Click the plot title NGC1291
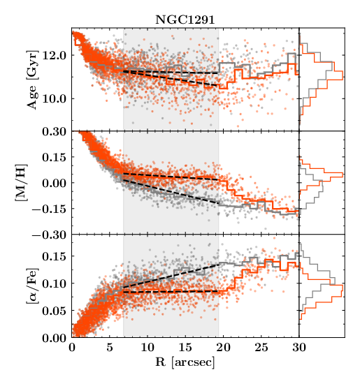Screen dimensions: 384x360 click(185, 21)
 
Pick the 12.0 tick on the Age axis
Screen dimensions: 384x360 click(55, 54)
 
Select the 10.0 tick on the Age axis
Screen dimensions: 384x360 click(55, 98)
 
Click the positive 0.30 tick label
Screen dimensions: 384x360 click(55, 131)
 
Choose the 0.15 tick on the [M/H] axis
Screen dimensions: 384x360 click(55, 157)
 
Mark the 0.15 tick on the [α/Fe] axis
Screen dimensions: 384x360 click(55, 257)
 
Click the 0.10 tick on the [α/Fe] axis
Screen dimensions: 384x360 click(55, 284)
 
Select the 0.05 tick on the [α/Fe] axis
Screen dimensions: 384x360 click(55, 311)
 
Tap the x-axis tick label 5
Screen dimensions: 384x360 click(110, 347)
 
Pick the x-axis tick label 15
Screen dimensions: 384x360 click(185, 347)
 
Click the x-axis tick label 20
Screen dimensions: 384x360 click(223, 347)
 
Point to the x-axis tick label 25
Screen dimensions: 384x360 click(261, 347)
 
